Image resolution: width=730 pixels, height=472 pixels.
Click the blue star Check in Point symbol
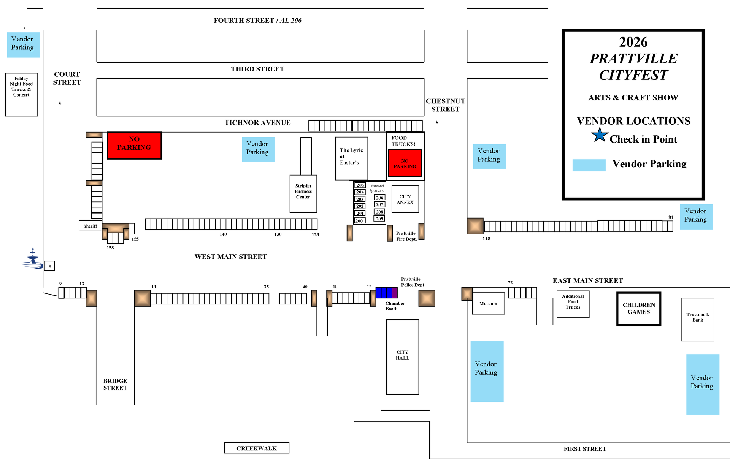pos(600,135)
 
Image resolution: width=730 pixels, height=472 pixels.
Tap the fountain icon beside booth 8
pos(33,258)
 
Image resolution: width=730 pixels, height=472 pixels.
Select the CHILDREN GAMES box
pos(639,309)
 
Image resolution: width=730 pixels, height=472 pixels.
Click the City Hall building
pos(403,357)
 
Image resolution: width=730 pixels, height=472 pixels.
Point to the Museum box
pos(489,303)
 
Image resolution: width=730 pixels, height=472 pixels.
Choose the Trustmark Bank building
pos(698,319)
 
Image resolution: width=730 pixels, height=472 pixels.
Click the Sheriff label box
pos(90,226)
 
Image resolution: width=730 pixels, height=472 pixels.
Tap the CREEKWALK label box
pos(257,448)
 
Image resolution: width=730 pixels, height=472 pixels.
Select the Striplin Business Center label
pos(303,192)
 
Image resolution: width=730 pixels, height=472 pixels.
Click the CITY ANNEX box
pos(405,199)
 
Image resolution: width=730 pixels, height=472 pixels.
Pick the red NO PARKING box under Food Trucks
pos(405,163)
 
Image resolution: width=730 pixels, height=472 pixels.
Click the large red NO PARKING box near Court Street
pos(134,145)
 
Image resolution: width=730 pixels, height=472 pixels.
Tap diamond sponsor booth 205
pos(360,185)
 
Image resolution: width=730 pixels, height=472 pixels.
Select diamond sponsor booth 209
pos(379,219)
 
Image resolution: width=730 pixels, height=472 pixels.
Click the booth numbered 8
pos(49,266)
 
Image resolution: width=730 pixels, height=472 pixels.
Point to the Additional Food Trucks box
pos(573,304)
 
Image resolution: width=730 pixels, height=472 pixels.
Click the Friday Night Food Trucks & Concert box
pos(21,94)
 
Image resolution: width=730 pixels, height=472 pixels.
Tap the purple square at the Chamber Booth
pos(395,293)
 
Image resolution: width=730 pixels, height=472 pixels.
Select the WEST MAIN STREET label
pos(231,257)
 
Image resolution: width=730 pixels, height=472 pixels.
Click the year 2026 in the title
pos(633,42)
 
